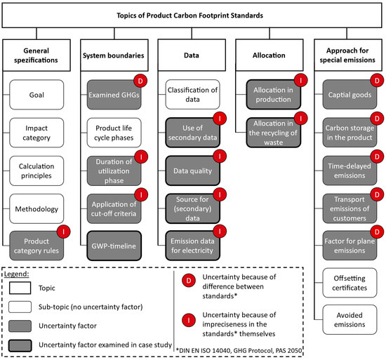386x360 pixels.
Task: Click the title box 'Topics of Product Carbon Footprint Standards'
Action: point(192,15)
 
